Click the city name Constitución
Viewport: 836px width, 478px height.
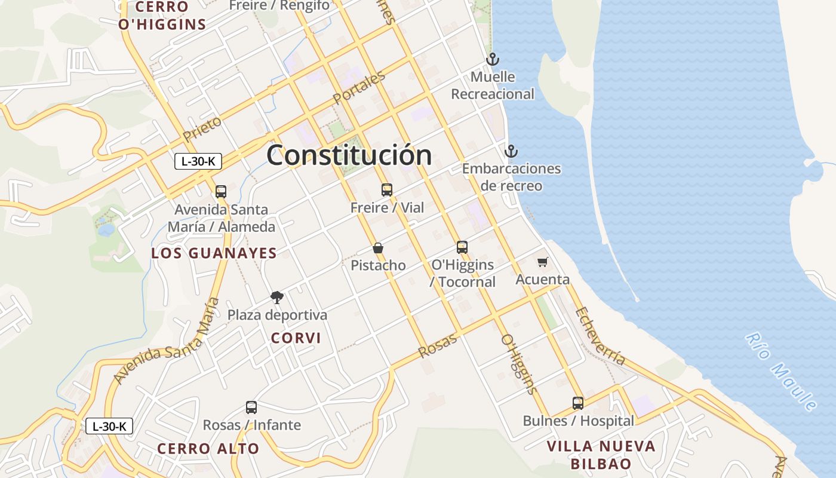tap(349, 155)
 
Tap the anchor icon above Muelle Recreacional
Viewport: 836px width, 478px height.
tap(492, 59)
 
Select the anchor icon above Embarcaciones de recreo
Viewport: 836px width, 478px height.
tap(511, 151)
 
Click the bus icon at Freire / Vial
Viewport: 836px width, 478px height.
tap(387, 190)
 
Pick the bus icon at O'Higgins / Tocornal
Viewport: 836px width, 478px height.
tap(462, 247)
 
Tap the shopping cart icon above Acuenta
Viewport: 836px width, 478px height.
tap(542, 262)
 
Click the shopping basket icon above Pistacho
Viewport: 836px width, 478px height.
tap(377, 248)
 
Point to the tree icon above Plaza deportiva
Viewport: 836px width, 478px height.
tap(276, 297)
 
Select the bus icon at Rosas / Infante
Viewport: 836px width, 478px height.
tap(251, 407)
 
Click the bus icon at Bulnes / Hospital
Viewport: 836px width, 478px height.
tap(577, 403)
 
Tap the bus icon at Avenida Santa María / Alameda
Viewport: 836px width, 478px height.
tap(221, 192)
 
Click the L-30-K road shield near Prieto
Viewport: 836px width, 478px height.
tap(198, 161)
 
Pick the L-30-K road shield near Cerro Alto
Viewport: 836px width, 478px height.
tap(109, 426)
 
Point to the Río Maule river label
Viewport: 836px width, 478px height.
tap(781, 372)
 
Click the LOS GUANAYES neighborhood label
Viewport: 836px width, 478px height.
tap(214, 253)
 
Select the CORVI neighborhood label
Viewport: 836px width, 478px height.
tap(296, 338)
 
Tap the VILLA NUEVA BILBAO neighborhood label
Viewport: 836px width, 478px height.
tap(601, 455)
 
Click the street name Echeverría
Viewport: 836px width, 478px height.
tap(600, 336)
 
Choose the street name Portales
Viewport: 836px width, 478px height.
tap(359, 88)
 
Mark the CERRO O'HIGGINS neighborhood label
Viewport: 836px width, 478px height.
tap(162, 16)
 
